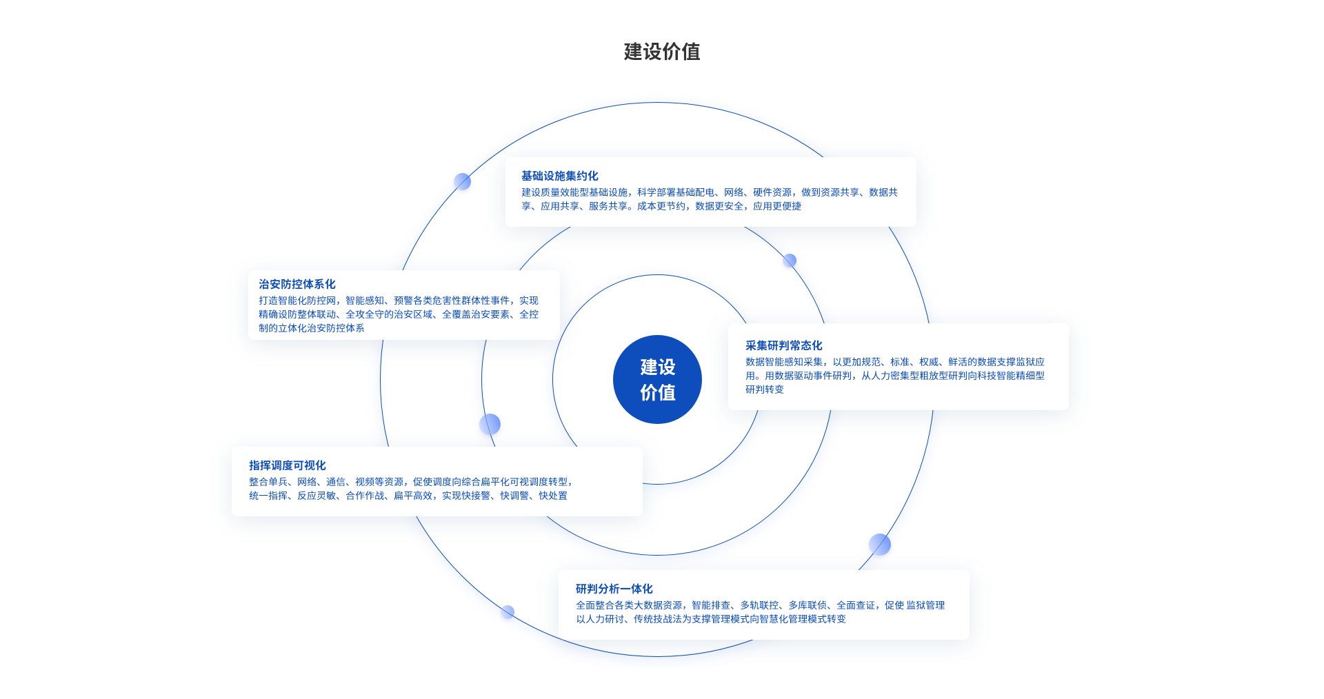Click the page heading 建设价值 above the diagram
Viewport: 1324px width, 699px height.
point(661,52)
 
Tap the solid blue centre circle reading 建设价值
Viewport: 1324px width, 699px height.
point(657,379)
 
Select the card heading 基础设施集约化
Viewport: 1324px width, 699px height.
point(559,176)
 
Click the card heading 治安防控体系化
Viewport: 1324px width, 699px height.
point(297,284)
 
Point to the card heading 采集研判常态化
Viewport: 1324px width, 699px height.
point(783,345)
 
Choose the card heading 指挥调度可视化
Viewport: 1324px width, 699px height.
point(287,465)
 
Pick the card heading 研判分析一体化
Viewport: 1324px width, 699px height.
point(614,589)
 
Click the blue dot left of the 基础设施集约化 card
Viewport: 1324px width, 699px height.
point(462,181)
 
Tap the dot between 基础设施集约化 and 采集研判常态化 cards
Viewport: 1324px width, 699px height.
point(790,261)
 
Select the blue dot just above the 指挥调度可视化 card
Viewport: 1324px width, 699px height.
point(490,424)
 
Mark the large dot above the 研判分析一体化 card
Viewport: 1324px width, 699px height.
point(879,545)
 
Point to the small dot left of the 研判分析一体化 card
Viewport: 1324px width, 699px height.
point(508,611)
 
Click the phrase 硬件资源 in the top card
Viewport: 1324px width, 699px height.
point(772,192)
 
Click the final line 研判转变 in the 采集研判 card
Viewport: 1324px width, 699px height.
point(764,389)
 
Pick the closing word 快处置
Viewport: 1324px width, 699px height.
point(553,496)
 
